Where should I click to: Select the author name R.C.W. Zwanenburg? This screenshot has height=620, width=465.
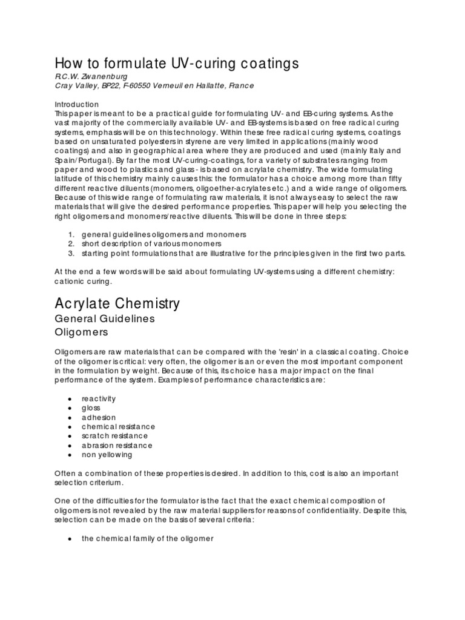pos(88,76)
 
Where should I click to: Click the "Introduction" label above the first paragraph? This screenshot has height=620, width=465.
pos(77,104)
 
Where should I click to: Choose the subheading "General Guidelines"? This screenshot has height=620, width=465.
pos(105,318)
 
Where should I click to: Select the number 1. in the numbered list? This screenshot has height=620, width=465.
pos(71,234)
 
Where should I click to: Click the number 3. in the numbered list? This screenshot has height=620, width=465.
pos(71,252)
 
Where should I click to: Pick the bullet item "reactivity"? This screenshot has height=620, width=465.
pos(99,399)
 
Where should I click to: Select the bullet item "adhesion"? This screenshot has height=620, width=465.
pos(99,418)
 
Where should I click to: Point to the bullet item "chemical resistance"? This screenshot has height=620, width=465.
pos(119,427)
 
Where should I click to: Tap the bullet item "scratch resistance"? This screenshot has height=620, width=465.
pos(114,436)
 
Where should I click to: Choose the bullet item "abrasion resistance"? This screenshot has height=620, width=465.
pos(117,446)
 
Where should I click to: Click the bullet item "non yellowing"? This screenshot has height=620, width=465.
pos(107,455)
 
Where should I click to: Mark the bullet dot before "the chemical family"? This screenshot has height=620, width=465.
pos(71,538)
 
